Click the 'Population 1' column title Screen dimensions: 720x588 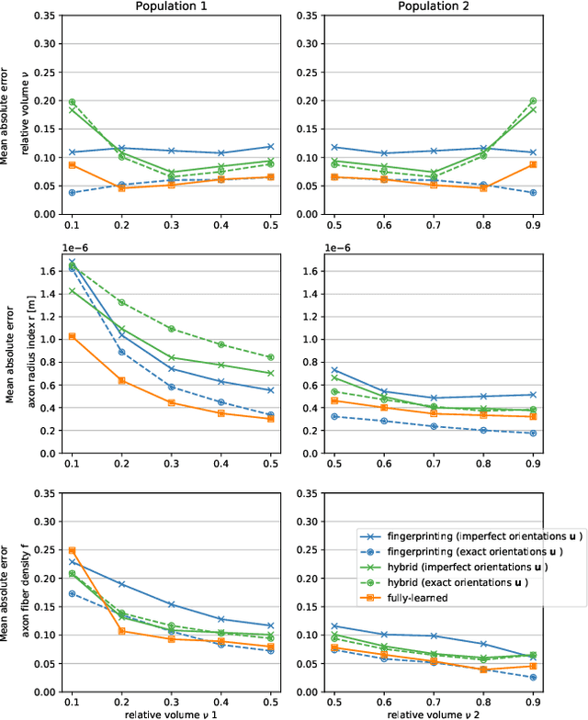pyautogui.click(x=170, y=7)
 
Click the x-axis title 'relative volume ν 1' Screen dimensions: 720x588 pyautogui.click(x=170, y=713)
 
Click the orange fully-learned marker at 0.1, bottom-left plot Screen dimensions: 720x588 pyautogui.click(x=72, y=550)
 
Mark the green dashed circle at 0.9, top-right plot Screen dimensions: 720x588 pyautogui.click(x=558, y=101)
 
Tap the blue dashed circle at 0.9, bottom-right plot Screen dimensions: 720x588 pyautogui.click(x=558, y=678)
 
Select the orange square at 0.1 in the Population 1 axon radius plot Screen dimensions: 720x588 pyautogui.click(x=72, y=336)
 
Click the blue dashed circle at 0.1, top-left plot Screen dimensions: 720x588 pyautogui.click(x=72, y=193)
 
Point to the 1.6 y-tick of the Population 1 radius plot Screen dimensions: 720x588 pyautogui.click(x=51, y=271)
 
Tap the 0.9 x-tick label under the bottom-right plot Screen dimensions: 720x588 pyautogui.click(x=558, y=701)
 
